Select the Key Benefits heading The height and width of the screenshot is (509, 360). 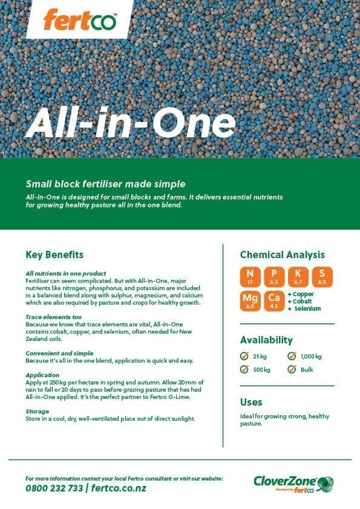pyautogui.click(x=54, y=254)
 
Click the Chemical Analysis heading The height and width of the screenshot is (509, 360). pyautogui.click(x=282, y=254)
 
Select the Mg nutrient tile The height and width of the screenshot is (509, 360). pyautogui.click(x=250, y=300)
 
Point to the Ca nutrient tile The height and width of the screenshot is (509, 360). pyautogui.click(x=274, y=300)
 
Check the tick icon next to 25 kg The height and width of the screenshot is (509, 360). pyautogui.click(x=244, y=356)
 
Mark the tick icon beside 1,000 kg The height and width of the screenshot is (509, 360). pyautogui.click(x=291, y=356)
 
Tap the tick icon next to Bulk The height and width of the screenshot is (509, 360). pyautogui.click(x=291, y=369)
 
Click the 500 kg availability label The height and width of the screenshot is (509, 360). pyautogui.click(x=262, y=369)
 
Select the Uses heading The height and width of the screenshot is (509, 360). pyautogui.click(x=251, y=402)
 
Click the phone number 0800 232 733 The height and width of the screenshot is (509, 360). pyautogui.click(x=54, y=488)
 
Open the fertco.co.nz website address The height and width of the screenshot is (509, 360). pyautogui.click(x=119, y=488)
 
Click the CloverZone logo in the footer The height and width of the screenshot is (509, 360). pyautogui.click(x=293, y=483)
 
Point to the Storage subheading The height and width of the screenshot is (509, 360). pyautogui.click(x=38, y=411)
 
